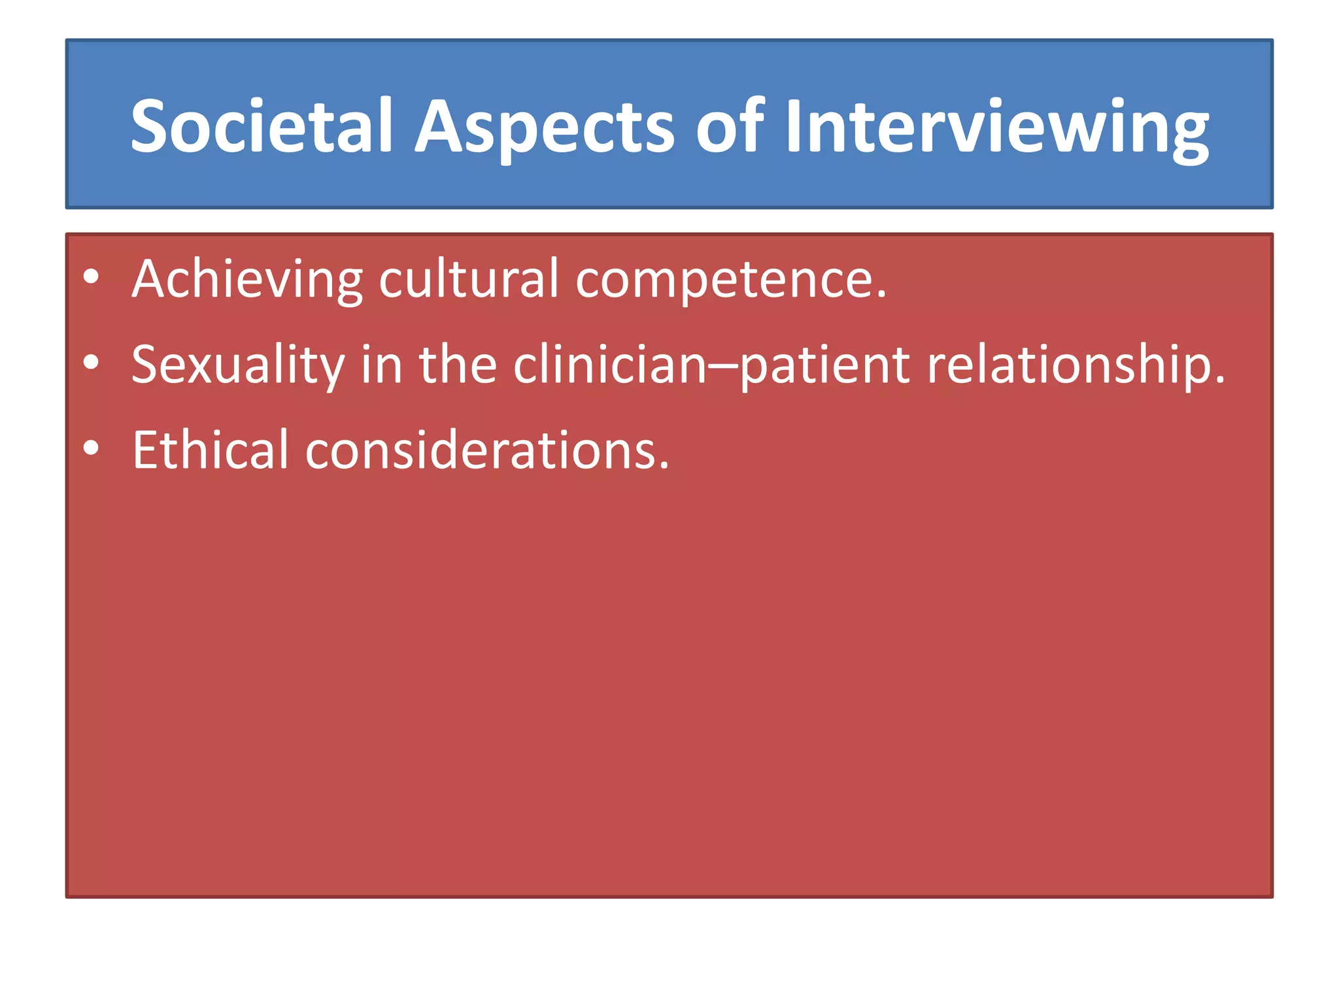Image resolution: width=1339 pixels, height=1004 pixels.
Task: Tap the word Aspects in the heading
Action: pyautogui.click(x=544, y=125)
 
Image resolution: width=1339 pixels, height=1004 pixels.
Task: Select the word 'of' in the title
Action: pyautogui.click(x=729, y=125)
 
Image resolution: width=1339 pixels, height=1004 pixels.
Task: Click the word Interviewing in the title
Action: pyautogui.click(x=996, y=125)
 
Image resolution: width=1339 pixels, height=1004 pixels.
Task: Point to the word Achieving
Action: pyautogui.click(x=246, y=279)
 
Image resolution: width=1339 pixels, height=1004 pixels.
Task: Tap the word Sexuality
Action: pyautogui.click(x=237, y=365)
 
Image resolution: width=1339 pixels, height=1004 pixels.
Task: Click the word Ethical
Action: pyautogui.click(x=210, y=450)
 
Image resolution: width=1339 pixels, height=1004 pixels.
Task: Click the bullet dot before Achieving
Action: pyautogui.click(x=91, y=277)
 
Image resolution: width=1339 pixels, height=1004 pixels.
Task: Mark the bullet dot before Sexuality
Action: pyautogui.click(x=91, y=362)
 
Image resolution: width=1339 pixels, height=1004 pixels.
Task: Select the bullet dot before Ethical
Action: pyautogui.click(x=91, y=448)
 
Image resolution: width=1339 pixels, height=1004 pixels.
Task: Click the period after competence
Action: pyautogui.click(x=882, y=296)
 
